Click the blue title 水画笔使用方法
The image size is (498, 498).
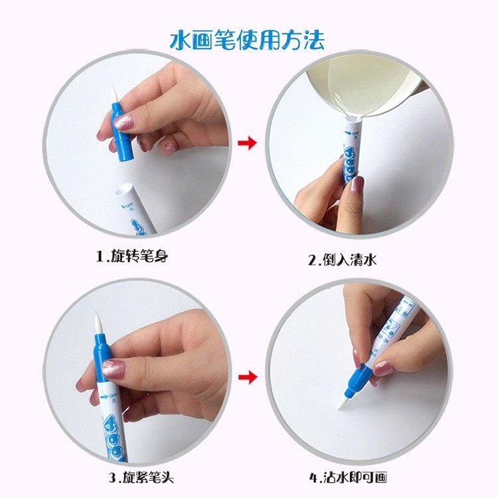point(247,40)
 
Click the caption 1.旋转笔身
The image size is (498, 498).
point(132,256)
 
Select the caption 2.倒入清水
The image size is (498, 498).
point(343,260)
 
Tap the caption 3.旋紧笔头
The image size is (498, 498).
point(141,477)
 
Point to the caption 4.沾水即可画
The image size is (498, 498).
point(348,477)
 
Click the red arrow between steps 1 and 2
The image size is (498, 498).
point(248,143)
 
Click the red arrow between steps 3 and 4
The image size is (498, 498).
point(248,377)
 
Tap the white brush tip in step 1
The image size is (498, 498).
point(114,95)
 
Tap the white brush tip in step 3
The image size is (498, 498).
point(98,325)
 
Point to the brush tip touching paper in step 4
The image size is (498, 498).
point(343,404)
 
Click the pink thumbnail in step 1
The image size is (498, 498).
point(124,122)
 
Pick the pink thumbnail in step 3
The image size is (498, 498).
point(114,369)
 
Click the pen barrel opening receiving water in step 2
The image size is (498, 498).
point(353,120)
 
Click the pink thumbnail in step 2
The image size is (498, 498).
point(359,185)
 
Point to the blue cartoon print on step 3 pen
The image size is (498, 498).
point(114,438)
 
